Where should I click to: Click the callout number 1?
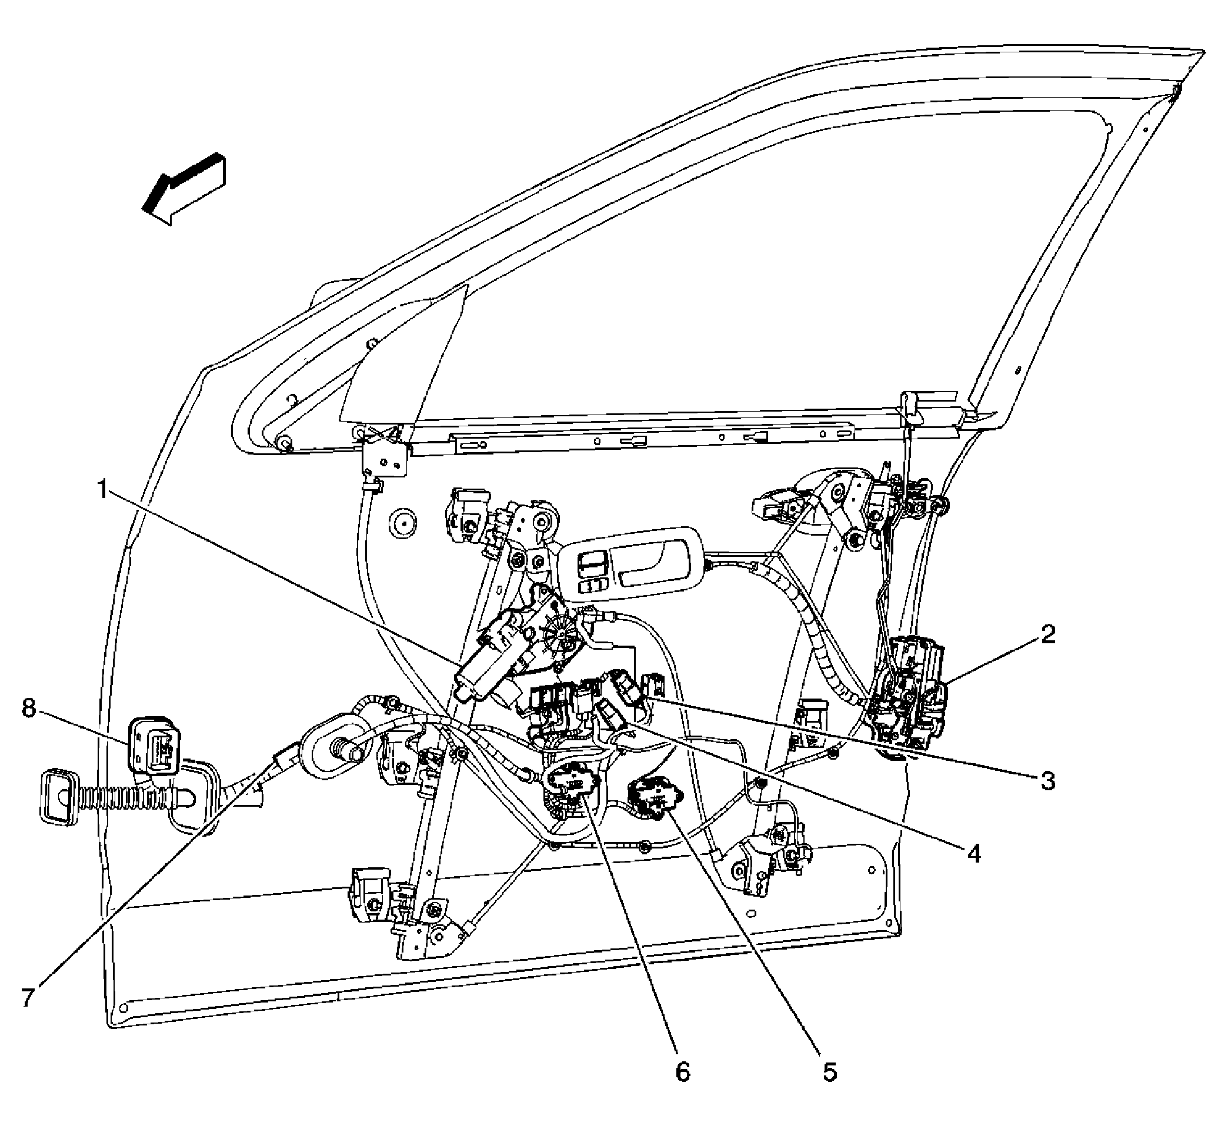104,489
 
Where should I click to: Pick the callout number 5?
829,1088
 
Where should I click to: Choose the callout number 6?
683,1088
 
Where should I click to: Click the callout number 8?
29,709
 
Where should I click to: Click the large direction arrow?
184,188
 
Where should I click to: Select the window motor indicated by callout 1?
518,652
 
